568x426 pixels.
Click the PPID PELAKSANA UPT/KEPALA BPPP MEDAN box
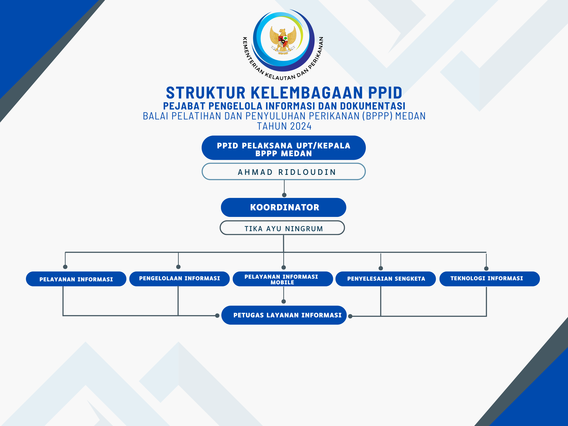click(x=283, y=148)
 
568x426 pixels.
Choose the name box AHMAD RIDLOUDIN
click(x=283, y=171)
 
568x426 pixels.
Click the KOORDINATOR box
click(x=283, y=207)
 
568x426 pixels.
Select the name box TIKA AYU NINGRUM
click(x=282, y=228)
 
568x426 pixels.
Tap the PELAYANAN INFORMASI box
click(x=76, y=279)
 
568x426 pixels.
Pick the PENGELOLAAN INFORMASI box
click(x=179, y=279)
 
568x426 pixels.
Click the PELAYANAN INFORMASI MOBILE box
click(x=283, y=279)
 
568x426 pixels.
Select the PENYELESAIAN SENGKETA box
click(x=386, y=279)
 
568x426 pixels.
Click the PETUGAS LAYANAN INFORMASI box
click(x=284, y=315)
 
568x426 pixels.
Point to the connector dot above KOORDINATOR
click(x=284, y=195)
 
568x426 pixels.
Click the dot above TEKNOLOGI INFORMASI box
click(x=486, y=269)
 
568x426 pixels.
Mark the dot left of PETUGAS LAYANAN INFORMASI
click(x=217, y=316)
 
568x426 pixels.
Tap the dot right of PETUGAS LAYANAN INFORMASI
click(x=350, y=316)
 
